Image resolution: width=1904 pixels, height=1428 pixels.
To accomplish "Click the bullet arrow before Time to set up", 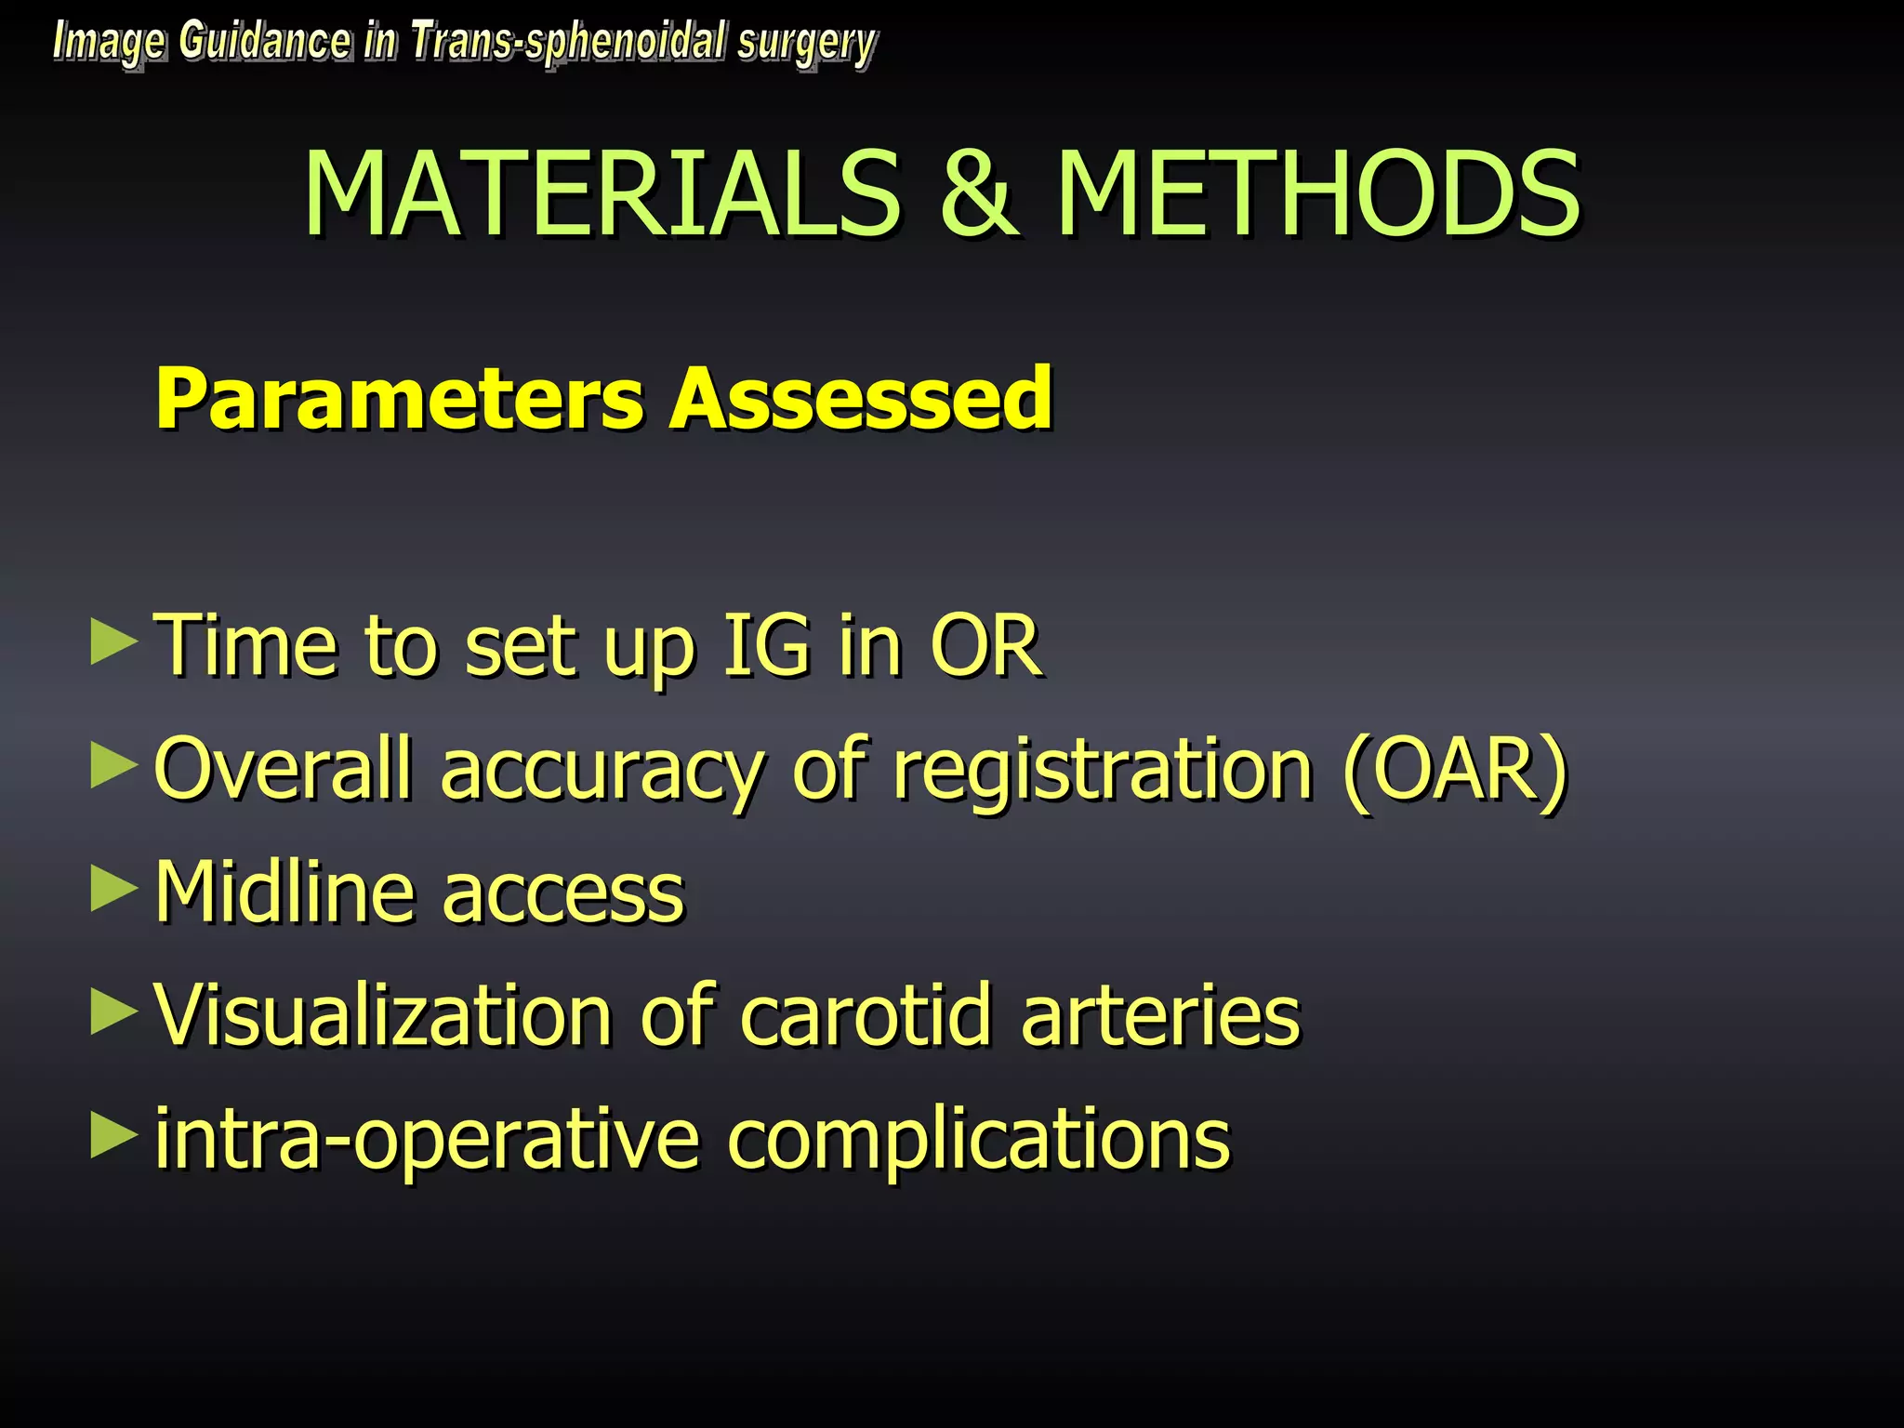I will [113, 643].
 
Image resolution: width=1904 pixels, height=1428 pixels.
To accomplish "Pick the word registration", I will [1103, 770].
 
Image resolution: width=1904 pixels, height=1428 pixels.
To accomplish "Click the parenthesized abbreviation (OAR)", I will [1456, 770].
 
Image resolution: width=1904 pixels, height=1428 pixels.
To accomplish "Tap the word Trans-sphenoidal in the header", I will [567, 43].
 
